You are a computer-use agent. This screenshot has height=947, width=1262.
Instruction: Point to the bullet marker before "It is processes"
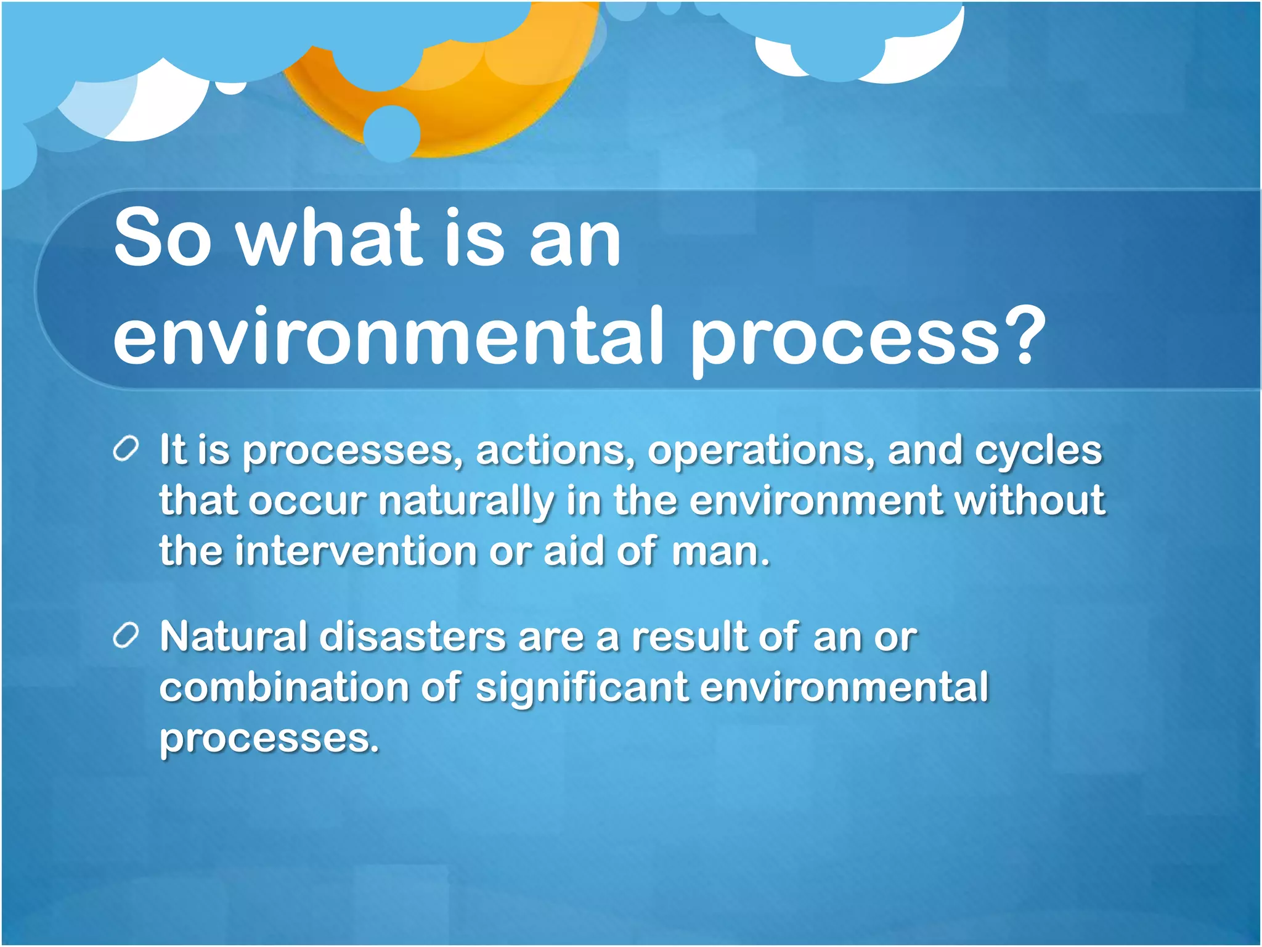point(126,449)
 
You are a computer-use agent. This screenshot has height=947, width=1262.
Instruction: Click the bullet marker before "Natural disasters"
point(126,636)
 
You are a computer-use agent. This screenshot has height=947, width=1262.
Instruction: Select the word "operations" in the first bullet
point(760,451)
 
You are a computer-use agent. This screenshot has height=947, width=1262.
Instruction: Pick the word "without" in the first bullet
point(1030,500)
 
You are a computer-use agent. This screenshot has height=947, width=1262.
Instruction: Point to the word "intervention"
point(356,551)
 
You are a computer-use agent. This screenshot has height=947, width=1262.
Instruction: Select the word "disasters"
point(413,637)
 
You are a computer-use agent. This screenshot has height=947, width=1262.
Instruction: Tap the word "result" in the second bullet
point(688,637)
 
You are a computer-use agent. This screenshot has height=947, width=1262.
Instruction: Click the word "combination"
point(284,687)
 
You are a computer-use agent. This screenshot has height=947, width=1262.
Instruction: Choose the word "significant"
point(582,689)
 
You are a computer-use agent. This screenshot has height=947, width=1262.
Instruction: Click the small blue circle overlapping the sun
point(392,133)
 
